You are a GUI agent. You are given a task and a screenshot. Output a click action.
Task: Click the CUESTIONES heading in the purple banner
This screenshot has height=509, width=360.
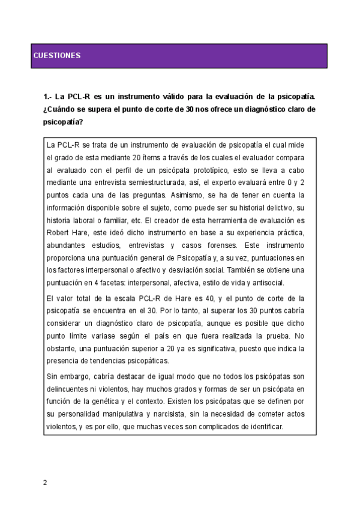[57, 56]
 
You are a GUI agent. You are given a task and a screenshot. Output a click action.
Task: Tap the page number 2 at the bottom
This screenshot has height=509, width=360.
[44, 482]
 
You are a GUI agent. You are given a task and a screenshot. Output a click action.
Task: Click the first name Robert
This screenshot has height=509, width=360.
[59, 232]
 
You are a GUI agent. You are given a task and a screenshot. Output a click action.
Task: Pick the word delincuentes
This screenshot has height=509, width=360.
[69, 389]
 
